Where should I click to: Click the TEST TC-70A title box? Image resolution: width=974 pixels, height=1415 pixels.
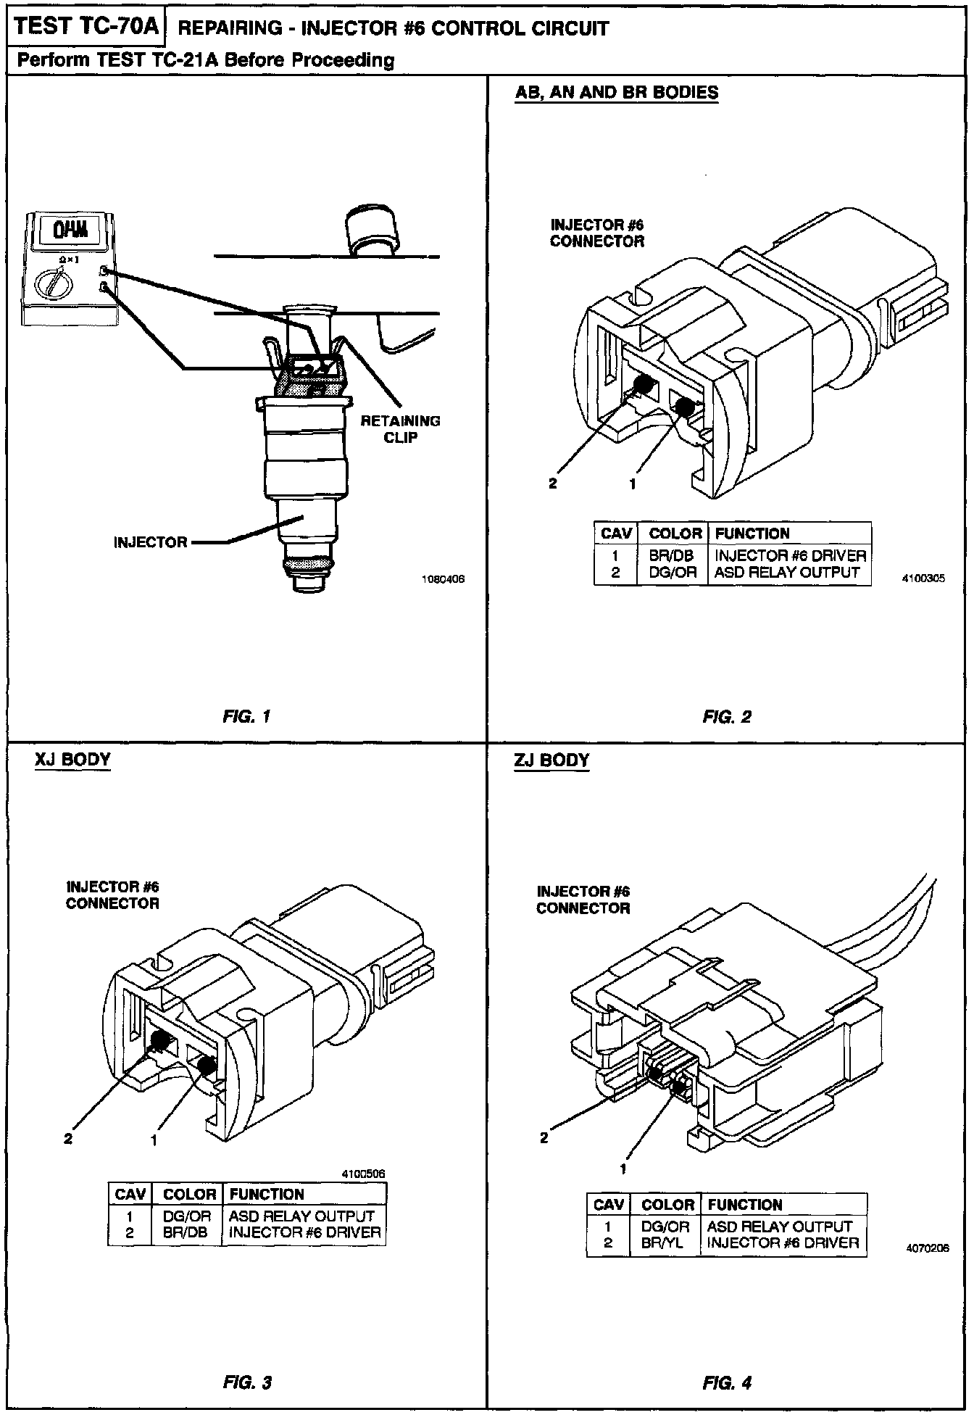click(x=86, y=27)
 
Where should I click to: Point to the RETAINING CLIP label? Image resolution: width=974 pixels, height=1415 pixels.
click(x=400, y=429)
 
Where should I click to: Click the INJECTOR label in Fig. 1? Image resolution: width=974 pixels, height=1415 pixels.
click(x=150, y=542)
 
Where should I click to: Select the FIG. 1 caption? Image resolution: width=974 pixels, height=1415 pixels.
click(x=246, y=717)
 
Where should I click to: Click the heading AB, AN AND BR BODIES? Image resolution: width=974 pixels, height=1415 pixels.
click(x=616, y=93)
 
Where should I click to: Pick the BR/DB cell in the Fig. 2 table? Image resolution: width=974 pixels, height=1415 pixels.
click(x=671, y=555)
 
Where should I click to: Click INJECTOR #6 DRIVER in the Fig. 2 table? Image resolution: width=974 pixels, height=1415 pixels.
click(x=790, y=555)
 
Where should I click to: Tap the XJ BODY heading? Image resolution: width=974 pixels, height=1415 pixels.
click(x=72, y=760)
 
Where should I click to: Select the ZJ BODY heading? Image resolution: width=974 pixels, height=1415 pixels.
click(x=551, y=761)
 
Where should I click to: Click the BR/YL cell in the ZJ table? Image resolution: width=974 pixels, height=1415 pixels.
click(x=662, y=1242)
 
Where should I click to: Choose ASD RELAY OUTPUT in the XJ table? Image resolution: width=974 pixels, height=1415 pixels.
click(x=301, y=1216)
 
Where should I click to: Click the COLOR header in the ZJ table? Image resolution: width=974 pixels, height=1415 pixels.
click(x=667, y=1205)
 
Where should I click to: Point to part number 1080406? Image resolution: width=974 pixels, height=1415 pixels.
click(x=442, y=579)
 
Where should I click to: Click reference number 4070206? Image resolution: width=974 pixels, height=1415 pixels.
click(x=927, y=1248)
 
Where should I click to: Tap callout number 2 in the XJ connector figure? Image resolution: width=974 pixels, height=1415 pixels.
click(x=68, y=1139)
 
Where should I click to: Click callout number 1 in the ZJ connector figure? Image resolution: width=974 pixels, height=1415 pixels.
click(x=623, y=1169)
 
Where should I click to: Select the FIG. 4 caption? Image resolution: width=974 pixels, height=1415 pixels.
click(x=727, y=1382)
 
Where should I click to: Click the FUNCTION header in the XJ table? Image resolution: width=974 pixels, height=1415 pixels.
click(x=267, y=1194)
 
